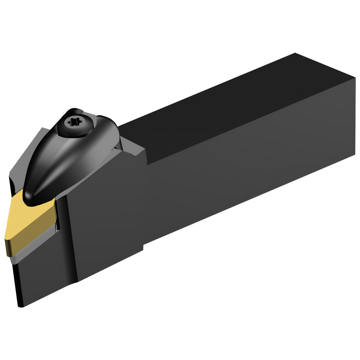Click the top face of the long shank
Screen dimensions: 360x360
(x=223, y=108)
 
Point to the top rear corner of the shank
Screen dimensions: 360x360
(x=295, y=54)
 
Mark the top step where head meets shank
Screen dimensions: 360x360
(x=146, y=158)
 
